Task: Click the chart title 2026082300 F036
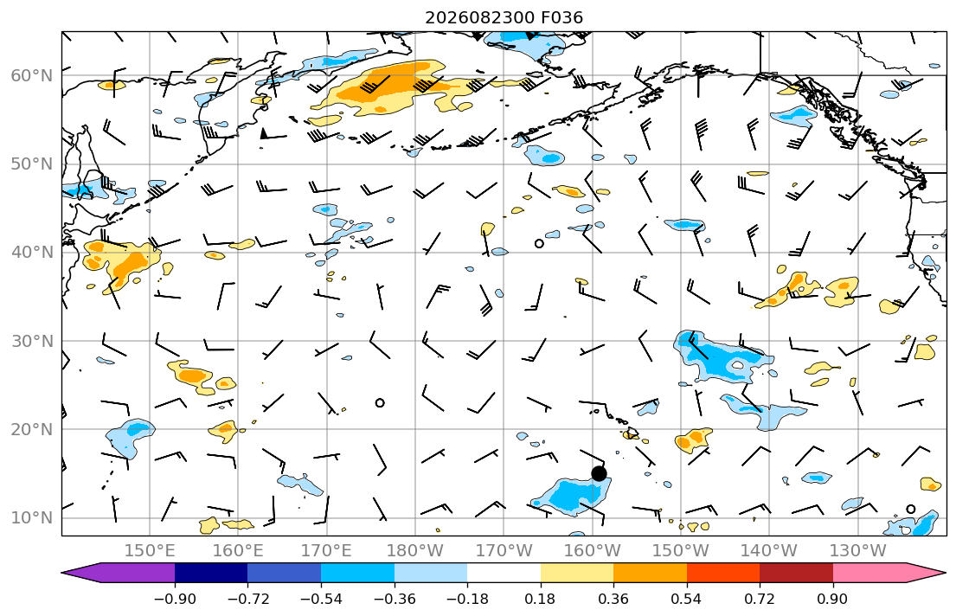[504, 17]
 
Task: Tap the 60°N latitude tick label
[32, 75]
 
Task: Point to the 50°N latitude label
[32, 164]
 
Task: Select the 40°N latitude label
[32, 252]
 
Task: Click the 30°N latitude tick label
[32, 341]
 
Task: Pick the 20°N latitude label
[32, 429]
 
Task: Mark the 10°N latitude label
[32, 518]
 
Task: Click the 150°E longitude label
[150, 551]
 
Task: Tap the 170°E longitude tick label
[327, 551]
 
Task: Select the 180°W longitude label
[415, 551]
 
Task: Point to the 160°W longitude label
[593, 551]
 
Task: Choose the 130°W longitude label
[858, 551]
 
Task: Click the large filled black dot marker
[600, 473]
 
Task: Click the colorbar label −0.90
[175, 599]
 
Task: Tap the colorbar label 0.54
[687, 599]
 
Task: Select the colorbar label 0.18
[540, 599]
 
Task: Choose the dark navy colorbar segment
[211, 573]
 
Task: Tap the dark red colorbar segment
[796, 573]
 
